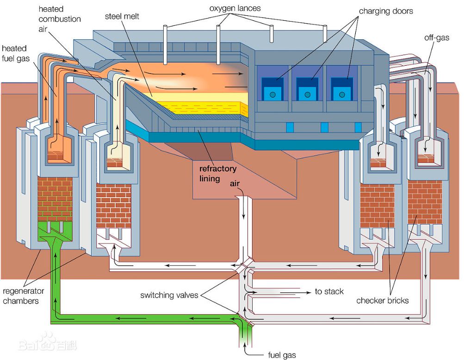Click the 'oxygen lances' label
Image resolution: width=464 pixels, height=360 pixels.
coord(235,8)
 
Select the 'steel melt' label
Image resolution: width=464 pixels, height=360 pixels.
coord(122,17)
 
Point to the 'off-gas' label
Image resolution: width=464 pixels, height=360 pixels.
coord(436,37)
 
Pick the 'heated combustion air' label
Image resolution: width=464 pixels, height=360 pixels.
coord(60,19)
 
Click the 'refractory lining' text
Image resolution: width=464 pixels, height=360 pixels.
coord(218,174)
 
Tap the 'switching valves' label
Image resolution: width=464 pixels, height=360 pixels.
coord(169,295)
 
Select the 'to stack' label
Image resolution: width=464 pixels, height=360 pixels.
coord(329,292)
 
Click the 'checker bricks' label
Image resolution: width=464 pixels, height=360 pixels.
coord(382,301)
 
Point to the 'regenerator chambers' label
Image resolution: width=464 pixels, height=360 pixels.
coord(23,296)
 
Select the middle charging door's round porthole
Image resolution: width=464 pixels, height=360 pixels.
coord(307,94)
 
